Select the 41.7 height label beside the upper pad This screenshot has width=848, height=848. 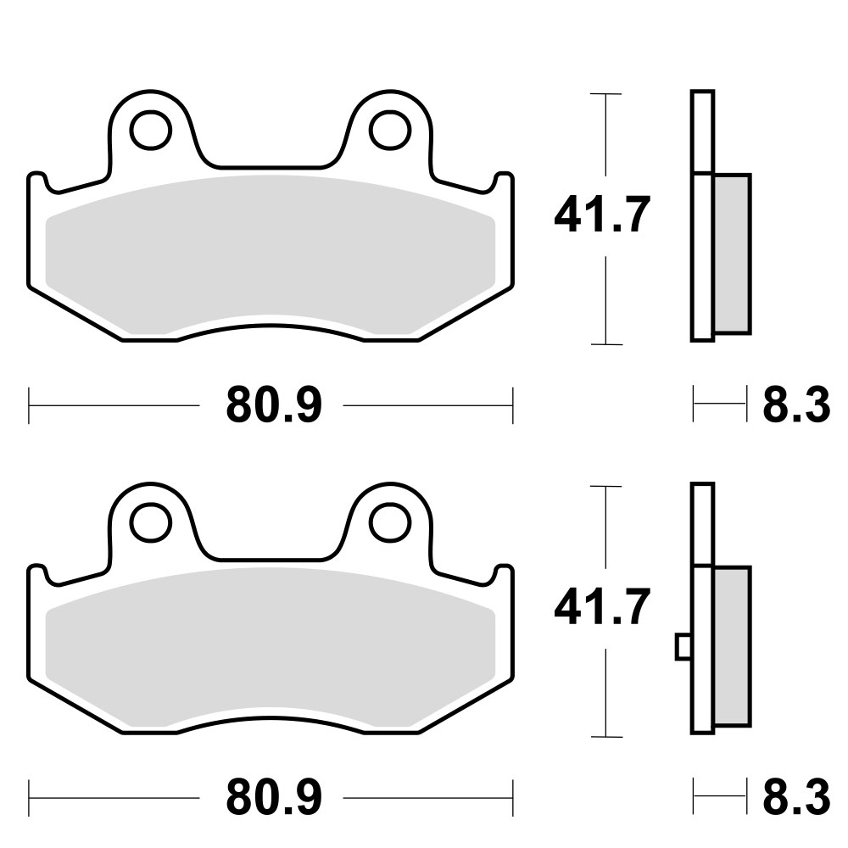pos(602,215)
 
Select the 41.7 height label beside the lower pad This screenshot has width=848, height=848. pos(602,607)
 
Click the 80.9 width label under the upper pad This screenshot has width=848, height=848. pos(274,404)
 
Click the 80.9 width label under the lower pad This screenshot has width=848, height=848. pos(274,797)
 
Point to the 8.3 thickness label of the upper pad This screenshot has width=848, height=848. pos(796,404)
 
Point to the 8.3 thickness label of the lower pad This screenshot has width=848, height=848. pos(796,797)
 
